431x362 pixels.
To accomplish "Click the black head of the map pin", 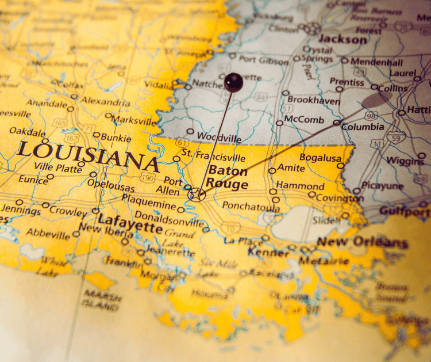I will coord(233,82).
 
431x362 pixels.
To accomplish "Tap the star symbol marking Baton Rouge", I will coord(197,195).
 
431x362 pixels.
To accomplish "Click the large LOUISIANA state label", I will coord(88,154).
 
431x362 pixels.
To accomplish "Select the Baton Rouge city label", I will coord(228,177).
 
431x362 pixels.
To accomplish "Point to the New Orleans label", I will coord(363,242).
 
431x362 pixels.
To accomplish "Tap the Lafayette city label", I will coord(129,222).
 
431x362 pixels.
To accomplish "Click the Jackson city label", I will coord(343,39).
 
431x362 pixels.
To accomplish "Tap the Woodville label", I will coord(219,136).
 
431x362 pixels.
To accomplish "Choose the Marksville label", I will coord(134,121).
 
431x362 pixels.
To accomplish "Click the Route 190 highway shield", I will coord(147,177).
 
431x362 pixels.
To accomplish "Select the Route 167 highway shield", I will coord(72,139).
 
